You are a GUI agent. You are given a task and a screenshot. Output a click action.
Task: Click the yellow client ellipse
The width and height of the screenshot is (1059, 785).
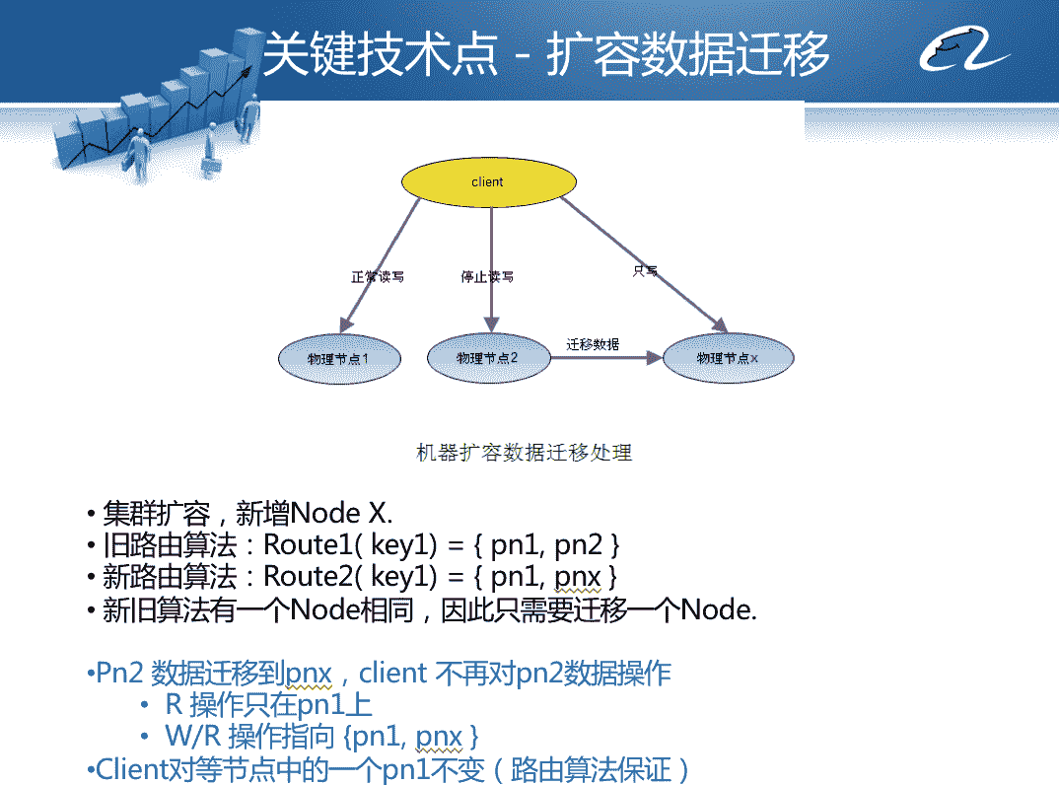pyautogui.click(x=487, y=182)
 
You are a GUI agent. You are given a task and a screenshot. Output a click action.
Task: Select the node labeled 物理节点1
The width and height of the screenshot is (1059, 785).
pyautogui.click(x=339, y=358)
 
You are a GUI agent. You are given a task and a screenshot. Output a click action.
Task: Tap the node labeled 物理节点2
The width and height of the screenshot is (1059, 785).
pyautogui.click(x=487, y=358)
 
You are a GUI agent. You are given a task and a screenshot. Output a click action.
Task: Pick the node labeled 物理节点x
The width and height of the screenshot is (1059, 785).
pyautogui.click(x=728, y=358)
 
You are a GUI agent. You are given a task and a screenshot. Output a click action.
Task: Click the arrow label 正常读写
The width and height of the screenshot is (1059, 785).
pyautogui.click(x=378, y=277)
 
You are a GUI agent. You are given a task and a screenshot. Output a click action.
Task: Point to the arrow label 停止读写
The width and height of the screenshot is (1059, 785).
pyautogui.click(x=487, y=277)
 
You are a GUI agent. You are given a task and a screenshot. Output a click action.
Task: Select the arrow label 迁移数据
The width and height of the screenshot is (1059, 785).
pyautogui.click(x=594, y=344)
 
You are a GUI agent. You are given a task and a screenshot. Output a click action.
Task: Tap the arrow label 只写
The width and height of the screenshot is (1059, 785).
pyautogui.click(x=645, y=270)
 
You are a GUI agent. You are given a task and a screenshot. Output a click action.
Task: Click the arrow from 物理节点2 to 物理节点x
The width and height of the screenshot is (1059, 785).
pyautogui.click(x=603, y=359)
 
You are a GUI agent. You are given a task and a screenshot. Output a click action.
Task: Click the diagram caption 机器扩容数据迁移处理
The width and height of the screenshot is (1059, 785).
pyautogui.click(x=524, y=453)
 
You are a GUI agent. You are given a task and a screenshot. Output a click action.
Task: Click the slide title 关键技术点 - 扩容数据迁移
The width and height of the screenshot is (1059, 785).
pyautogui.click(x=545, y=55)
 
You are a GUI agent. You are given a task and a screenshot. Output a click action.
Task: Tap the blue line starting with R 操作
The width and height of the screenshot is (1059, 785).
pyautogui.click(x=268, y=705)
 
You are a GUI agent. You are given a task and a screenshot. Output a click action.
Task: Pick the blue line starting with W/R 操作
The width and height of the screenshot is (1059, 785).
pyautogui.click(x=321, y=737)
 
